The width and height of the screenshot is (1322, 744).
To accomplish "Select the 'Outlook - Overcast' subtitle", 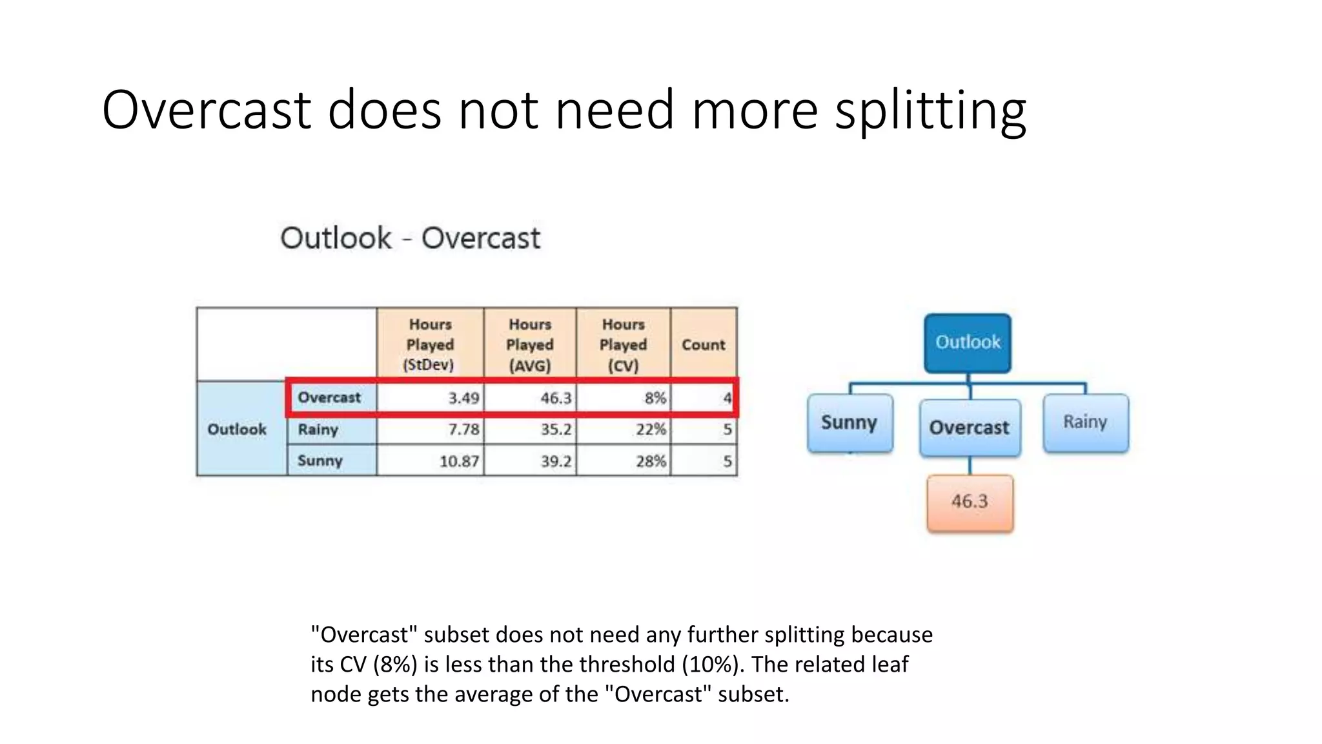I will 410,238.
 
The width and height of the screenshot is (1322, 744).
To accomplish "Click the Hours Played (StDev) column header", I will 430,344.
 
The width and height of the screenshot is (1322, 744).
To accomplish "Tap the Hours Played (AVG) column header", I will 529,344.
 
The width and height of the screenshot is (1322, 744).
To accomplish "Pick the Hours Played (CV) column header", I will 623,344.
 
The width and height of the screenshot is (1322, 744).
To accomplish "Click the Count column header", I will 704,345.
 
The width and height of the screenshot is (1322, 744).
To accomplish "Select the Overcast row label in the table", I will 329,397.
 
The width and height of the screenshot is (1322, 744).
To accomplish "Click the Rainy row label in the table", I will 318,429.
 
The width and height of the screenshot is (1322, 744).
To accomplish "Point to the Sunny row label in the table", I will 320,460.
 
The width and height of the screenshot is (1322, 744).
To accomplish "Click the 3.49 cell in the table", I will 463,398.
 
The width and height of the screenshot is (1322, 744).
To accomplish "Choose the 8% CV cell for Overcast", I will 655,398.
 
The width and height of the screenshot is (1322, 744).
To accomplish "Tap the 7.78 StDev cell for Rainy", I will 463,429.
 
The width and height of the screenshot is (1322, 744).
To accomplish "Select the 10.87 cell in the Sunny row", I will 459,461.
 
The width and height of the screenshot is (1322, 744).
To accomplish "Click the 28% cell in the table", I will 651,461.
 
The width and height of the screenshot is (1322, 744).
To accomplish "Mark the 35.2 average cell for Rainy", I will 556,429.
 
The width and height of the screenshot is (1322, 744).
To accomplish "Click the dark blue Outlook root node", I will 968,343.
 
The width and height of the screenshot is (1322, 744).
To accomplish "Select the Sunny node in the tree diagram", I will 849,423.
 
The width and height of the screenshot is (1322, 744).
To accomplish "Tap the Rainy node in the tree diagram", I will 1086,422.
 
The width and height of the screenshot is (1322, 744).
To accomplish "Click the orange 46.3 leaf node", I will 970,502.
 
